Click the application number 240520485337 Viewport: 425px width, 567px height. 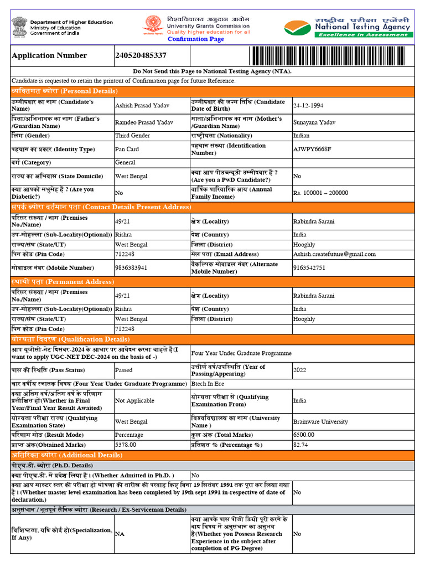tap(141, 55)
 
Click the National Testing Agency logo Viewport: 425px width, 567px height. tap(347, 27)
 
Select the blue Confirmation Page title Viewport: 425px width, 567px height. tap(196, 39)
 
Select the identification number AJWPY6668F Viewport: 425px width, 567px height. tap(312, 149)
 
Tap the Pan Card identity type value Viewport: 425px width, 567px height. tap(127, 149)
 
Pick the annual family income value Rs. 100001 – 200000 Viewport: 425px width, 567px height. tap(320, 193)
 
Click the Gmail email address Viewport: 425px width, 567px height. tap(334, 254)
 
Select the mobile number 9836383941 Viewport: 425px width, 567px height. tap(131, 267)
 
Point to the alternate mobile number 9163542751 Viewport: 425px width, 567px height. tap(309, 267)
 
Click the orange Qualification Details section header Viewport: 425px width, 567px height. tap(70, 339)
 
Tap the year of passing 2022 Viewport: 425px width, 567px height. tap(299, 370)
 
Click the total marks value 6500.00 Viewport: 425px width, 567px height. tap(304, 435)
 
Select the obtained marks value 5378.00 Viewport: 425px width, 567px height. tap(126, 445)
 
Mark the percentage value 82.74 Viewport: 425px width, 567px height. tap(300, 445)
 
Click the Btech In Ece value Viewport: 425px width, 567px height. tap(208, 384)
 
